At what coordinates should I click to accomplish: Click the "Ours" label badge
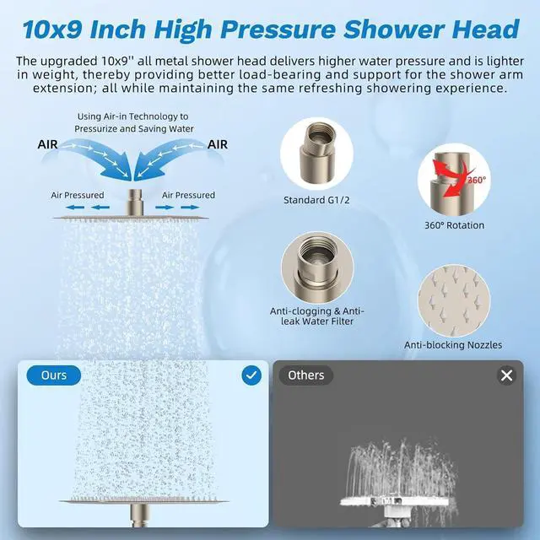(x=54, y=375)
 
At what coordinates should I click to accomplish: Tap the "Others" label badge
(x=305, y=375)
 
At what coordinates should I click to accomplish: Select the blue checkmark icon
(x=251, y=375)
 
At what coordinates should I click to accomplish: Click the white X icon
(x=506, y=375)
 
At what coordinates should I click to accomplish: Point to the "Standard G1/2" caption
(x=316, y=200)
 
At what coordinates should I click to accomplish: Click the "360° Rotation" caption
(x=454, y=225)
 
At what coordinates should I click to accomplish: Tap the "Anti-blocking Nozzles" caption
(x=453, y=345)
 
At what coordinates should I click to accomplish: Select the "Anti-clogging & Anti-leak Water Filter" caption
(x=317, y=316)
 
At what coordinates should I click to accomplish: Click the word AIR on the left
(x=47, y=144)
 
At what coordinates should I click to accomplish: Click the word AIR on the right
(x=218, y=144)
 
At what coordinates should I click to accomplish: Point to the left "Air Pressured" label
(x=78, y=195)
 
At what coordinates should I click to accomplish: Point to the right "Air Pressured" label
(x=188, y=195)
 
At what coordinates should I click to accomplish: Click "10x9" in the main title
(x=52, y=30)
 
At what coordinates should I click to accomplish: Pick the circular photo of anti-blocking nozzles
(x=454, y=300)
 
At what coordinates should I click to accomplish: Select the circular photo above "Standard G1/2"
(x=316, y=154)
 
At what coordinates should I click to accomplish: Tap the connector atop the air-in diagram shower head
(x=135, y=202)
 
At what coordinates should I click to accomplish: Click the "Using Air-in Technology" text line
(x=133, y=116)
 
